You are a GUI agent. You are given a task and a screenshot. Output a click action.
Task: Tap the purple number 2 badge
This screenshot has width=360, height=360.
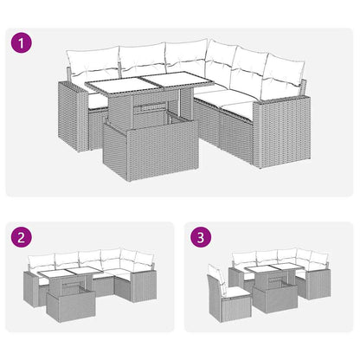[x=21, y=236]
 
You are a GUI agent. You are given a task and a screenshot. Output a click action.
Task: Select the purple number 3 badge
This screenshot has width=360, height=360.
[x=202, y=236]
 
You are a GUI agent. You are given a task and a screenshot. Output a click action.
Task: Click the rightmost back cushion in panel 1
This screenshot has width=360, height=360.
[x=284, y=84]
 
